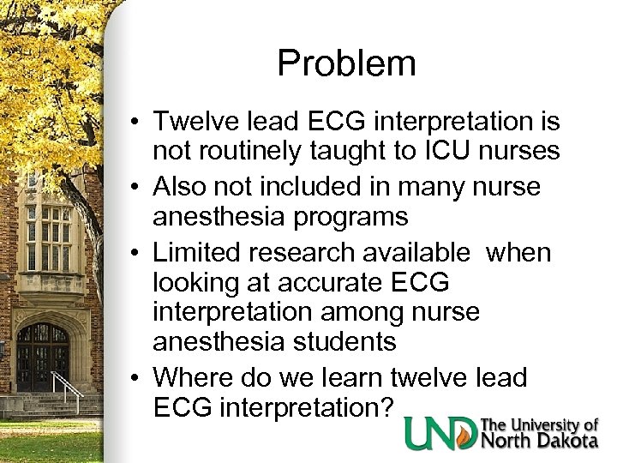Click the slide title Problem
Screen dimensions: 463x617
pos(347,63)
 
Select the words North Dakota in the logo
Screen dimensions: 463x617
pos(540,441)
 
